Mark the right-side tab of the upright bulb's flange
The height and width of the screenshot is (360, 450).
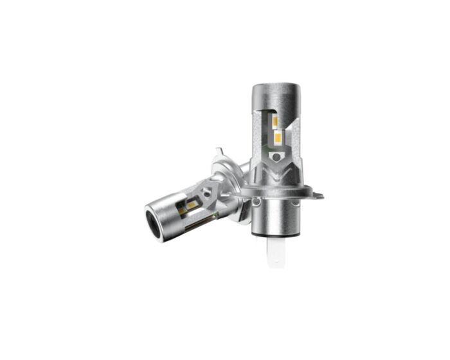coord(316,194)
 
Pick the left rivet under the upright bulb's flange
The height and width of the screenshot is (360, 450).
coord(257,201)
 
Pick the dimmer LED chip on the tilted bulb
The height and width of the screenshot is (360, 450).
coord(184,210)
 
